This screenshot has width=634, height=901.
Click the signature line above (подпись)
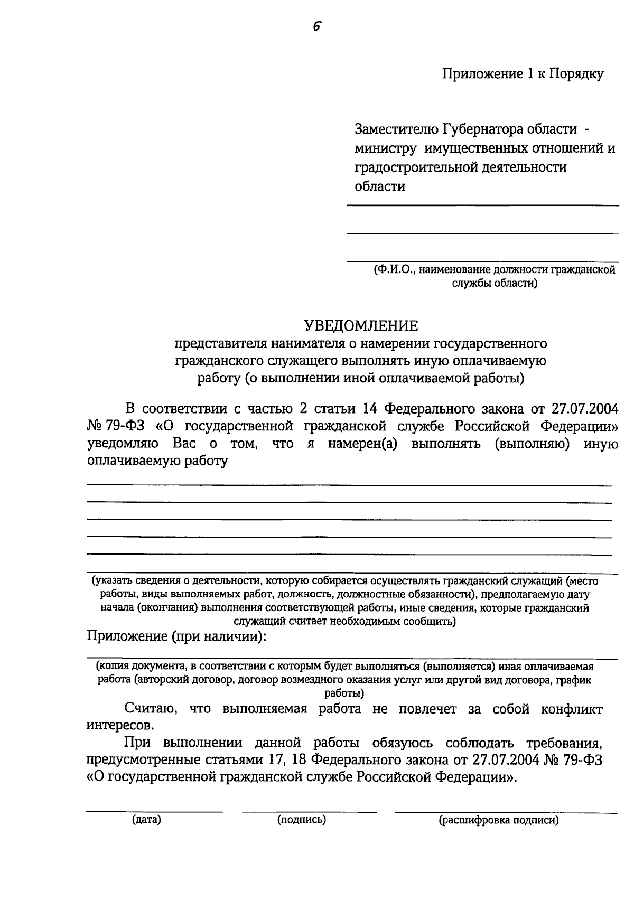coord(309,811)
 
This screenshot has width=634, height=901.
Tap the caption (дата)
coord(146,820)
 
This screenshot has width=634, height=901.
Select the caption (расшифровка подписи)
coord(498,820)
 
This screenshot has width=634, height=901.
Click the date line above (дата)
coord(154,811)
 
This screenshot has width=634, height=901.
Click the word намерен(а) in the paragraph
coord(362,443)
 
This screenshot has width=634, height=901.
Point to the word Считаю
coord(147,709)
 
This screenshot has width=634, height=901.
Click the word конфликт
coord(572,709)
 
